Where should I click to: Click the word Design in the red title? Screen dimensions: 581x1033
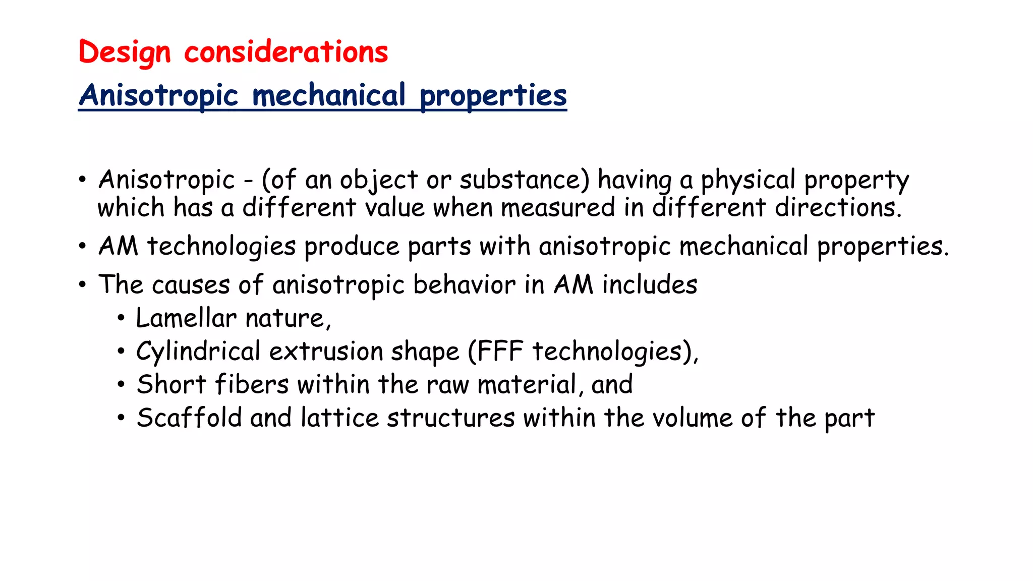[125, 52]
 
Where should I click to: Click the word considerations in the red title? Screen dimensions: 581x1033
[286, 52]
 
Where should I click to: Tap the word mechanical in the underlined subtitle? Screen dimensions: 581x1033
[328, 95]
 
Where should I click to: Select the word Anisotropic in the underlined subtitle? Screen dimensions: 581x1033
[158, 95]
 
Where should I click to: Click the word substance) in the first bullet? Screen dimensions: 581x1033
[524, 180]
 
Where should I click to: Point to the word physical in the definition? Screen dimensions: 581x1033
[748, 180]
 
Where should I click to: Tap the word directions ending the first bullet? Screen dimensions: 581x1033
[838, 208]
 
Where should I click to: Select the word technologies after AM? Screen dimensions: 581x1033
[221, 247]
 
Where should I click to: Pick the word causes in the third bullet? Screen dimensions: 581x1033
[191, 285]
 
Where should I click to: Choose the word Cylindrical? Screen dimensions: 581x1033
[198, 352]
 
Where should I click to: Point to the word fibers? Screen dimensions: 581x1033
[252, 385]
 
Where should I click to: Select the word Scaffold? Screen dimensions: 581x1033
[189, 418]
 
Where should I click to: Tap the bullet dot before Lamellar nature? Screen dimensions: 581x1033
[121, 319]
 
